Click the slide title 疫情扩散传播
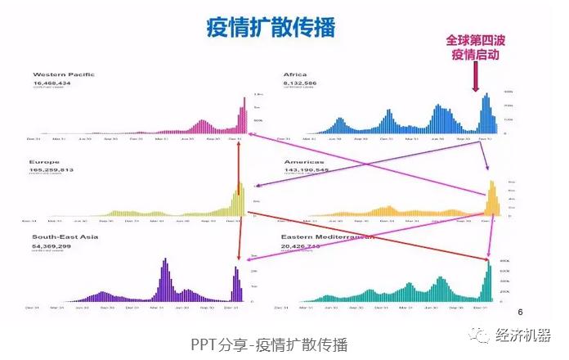tap(269, 26)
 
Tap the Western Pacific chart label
tap(63, 74)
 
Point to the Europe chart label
tap(44, 162)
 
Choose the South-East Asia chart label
tap(60, 236)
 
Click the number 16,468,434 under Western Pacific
tap(54, 83)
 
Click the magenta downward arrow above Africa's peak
tap(476, 79)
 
